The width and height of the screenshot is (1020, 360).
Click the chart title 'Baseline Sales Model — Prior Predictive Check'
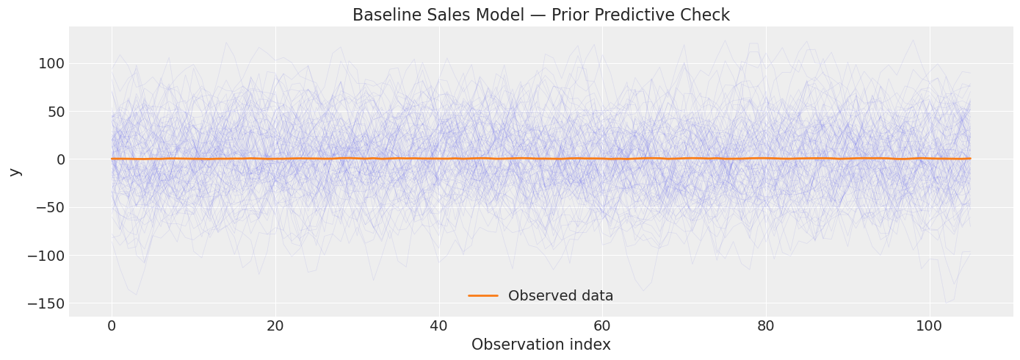pyautogui.click(x=540, y=15)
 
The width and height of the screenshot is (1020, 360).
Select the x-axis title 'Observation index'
pyautogui.click(x=540, y=345)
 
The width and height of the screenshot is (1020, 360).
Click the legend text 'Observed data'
pyautogui.click(x=560, y=296)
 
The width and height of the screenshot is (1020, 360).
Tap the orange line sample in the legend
pyautogui.click(x=483, y=296)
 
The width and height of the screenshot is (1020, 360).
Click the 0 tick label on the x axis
pyautogui.click(x=112, y=326)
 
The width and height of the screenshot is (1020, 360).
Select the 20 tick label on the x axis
pyautogui.click(x=275, y=326)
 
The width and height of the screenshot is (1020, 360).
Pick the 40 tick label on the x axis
pyautogui.click(x=438, y=326)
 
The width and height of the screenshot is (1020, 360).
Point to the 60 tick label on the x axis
pyautogui.click(x=602, y=326)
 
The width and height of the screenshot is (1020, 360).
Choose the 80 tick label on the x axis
pyautogui.click(x=766, y=326)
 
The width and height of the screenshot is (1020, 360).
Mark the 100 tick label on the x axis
pyautogui.click(x=929, y=326)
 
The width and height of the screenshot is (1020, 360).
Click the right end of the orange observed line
pyautogui.click(x=969, y=158)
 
